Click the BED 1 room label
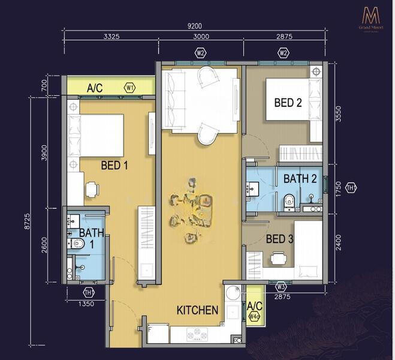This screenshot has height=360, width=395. click(114, 165)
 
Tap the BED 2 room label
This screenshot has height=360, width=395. click(288, 103)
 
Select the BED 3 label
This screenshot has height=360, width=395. click(279, 239)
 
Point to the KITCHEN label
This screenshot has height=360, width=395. click(197, 310)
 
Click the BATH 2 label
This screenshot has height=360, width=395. click(300, 179)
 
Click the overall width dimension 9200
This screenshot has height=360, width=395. click(195, 26)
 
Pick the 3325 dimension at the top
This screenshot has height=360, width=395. click(111, 37)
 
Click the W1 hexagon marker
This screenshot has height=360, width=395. click(129, 88)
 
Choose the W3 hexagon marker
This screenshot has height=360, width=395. click(281, 286)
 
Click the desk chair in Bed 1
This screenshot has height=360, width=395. click(92, 190)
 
